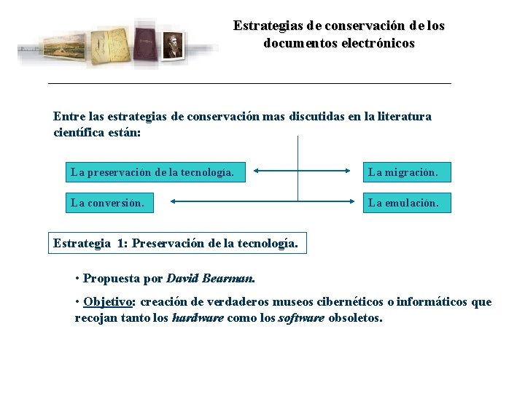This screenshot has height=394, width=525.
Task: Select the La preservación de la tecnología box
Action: point(153,172)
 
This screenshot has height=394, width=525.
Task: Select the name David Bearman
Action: point(210,278)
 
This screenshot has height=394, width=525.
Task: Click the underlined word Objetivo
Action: point(108,301)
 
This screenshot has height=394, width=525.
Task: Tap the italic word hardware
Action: point(198,318)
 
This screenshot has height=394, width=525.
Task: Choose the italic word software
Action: point(302,318)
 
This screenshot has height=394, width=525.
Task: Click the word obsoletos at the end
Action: point(354,318)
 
